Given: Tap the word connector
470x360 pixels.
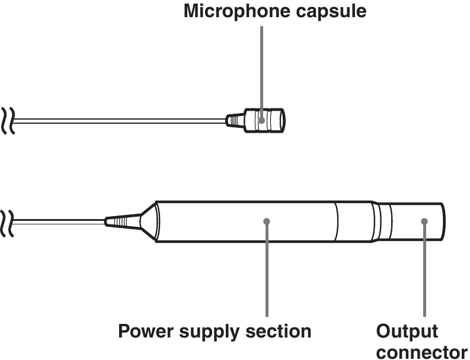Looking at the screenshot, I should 421,351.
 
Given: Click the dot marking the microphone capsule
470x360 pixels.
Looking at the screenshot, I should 261,120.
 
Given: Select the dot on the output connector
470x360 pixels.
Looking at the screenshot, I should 424,221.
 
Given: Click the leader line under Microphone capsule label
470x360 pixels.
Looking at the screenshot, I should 261,71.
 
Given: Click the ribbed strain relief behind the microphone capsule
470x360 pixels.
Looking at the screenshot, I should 236,120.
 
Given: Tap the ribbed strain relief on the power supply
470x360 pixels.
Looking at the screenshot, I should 119,221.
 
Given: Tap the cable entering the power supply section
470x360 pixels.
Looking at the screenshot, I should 59,221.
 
